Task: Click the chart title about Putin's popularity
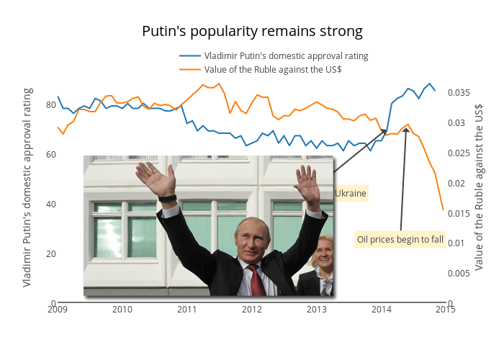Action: click(252, 32)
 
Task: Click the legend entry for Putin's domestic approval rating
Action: click(286, 55)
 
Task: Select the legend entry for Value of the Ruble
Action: click(272, 69)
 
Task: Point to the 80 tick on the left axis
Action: click(50, 104)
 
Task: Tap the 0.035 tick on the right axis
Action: click(459, 93)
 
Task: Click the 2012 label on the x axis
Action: click(252, 310)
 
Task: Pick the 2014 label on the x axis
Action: click(382, 310)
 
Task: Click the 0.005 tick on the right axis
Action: click(459, 273)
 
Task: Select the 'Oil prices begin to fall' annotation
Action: click(400, 240)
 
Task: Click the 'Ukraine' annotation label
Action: click(351, 194)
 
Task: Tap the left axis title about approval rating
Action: click(27, 187)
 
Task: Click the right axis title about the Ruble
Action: click(479, 187)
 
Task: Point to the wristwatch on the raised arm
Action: click(168, 198)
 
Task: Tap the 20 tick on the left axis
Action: click(50, 253)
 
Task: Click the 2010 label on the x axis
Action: click(122, 310)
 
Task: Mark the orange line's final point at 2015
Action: click(442, 210)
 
